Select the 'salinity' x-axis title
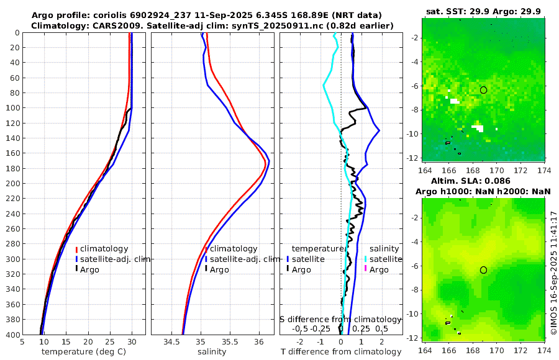212,352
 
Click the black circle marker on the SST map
483,90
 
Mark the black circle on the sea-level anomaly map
483,270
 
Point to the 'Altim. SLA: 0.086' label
483,181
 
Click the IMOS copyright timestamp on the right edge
553,273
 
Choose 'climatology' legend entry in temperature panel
104,249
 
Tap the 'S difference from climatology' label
340,319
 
